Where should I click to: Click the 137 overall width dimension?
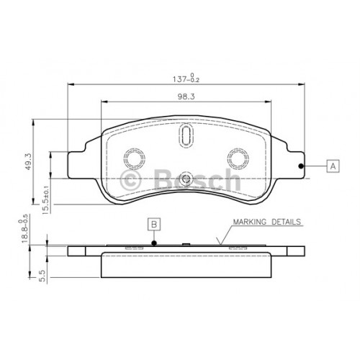click(x=186, y=78)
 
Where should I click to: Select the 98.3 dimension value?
click(x=186, y=96)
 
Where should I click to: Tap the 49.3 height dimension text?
click(x=28, y=162)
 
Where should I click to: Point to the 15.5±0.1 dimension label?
click(x=45, y=199)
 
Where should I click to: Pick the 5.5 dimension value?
click(x=42, y=276)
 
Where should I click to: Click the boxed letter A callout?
click(x=333, y=166)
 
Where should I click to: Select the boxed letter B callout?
click(x=154, y=225)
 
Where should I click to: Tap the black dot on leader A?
click(x=300, y=166)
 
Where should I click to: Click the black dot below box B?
click(x=154, y=243)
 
